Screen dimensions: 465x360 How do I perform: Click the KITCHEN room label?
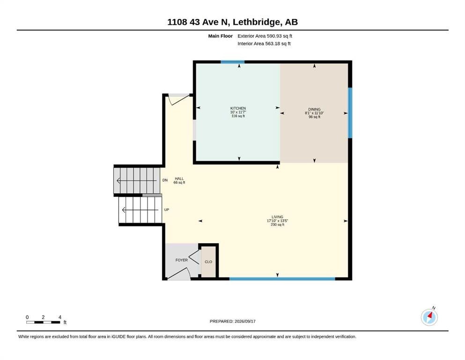click(238, 108)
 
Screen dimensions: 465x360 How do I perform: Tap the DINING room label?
click(314, 109)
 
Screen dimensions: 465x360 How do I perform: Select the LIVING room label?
click(277, 217)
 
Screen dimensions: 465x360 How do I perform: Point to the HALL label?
click(179, 179)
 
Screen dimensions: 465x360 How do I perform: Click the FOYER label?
click(182, 260)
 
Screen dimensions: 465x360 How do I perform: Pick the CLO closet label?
click(208, 262)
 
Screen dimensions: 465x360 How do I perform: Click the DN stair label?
click(165, 180)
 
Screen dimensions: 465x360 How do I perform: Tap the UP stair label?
click(167, 210)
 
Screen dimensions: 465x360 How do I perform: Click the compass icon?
click(429, 317)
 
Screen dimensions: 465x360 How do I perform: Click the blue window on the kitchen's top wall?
click(232, 62)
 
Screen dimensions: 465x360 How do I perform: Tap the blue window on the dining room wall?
click(350, 113)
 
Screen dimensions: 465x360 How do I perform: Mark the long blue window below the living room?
click(282, 279)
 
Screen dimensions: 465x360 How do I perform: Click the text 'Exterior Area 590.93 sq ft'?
click(265, 36)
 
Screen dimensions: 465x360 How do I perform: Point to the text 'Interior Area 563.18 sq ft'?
click(264, 43)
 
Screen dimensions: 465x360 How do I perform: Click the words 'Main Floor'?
click(221, 36)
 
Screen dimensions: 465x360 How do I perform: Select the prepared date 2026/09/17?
click(245, 321)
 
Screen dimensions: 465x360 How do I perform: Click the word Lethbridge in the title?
click(256, 22)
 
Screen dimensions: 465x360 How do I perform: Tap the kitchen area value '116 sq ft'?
click(238, 116)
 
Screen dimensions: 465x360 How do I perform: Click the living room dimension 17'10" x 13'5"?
click(277, 221)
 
